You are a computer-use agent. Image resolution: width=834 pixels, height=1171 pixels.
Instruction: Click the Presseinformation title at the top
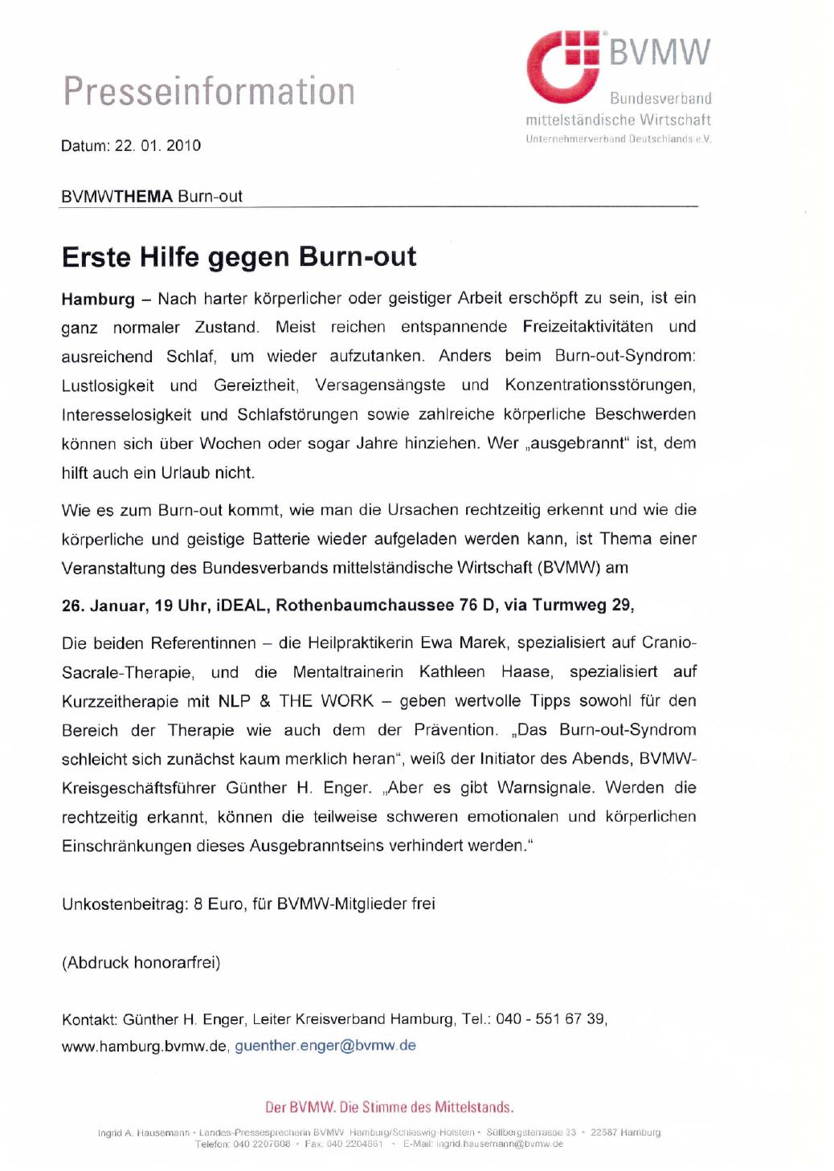tap(209, 91)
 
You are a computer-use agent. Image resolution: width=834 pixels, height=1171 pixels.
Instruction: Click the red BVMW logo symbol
tap(562, 67)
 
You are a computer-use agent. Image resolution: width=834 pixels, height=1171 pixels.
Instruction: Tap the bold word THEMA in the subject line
tap(144, 196)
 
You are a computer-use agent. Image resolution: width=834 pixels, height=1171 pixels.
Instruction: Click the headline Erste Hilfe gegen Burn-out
tap(239, 257)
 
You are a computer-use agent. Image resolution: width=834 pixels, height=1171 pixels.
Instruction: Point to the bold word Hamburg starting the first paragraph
tap(98, 299)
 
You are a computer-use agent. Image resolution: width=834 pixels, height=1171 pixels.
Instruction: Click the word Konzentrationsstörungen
tap(599, 385)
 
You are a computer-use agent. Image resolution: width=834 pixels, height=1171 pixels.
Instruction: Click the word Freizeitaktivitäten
tap(587, 327)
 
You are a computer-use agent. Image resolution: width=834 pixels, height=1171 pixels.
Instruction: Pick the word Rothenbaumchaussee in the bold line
tap(365, 605)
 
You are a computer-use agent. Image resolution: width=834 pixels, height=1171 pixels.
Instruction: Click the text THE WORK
tap(326, 701)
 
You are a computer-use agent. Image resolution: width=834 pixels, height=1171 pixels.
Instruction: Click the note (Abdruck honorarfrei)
tap(141, 962)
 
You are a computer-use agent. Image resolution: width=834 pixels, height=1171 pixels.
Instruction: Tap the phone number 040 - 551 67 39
tap(550, 1018)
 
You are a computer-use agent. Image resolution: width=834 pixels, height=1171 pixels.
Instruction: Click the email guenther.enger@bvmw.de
tap(325, 1046)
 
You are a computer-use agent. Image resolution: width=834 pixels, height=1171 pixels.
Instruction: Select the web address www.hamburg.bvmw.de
tap(145, 1046)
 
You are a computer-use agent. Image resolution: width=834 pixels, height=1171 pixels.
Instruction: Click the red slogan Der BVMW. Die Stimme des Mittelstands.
tap(389, 1107)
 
